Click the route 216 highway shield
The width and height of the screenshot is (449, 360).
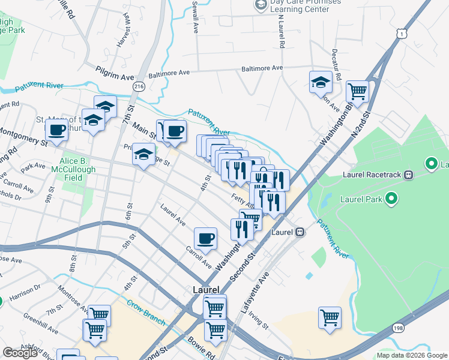tap(139, 86)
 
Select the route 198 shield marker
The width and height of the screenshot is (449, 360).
tap(398, 327)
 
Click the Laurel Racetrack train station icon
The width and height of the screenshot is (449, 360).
tap(408, 175)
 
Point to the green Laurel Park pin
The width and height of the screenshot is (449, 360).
tap(391, 198)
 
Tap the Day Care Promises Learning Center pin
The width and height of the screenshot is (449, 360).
tap(261, 5)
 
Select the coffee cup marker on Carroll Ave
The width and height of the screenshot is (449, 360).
tap(205, 238)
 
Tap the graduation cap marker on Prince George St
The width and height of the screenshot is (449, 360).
tap(143, 155)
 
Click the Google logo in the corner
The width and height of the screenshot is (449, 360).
tap(20, 353)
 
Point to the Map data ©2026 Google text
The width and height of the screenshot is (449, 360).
tap(411, 355)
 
